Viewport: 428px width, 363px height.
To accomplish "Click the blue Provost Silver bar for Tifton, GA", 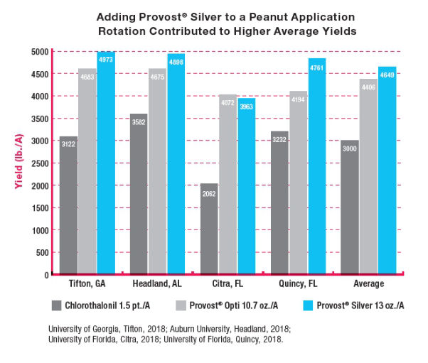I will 105,163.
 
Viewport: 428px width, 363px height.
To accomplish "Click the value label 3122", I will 68,143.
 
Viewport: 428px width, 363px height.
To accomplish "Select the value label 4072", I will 228,101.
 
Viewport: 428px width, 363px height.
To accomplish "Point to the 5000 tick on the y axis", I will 41,52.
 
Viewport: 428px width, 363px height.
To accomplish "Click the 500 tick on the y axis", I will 44,252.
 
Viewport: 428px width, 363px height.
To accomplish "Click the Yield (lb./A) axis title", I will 14,163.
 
